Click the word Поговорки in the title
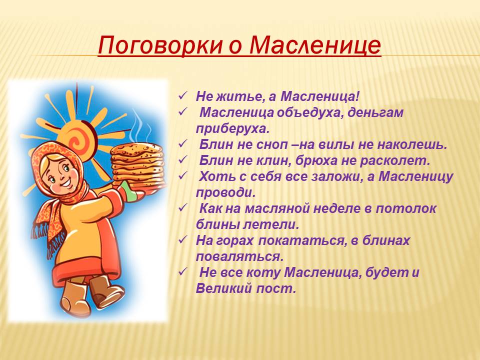click(160, 46)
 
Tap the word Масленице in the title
click(315, 45)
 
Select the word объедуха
click(309, 113)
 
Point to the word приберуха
click(232, 129)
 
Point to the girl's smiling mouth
click(66, 183)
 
